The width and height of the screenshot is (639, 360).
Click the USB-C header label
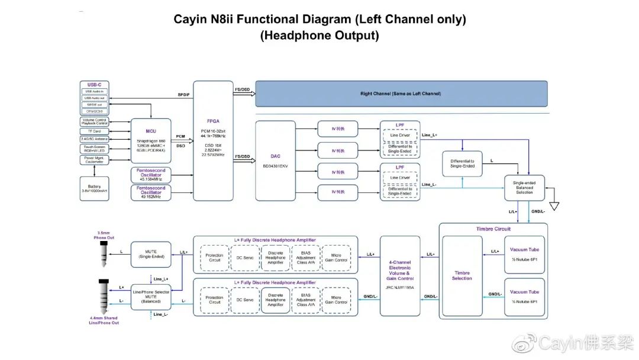tap(95, 85)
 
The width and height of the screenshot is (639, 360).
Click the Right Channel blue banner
tap(401, 94)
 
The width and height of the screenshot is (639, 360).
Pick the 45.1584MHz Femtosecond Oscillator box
tap(151, 175)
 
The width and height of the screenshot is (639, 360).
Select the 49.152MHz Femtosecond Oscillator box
tap(151, 192)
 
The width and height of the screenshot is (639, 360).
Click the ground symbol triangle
tap(554, 206)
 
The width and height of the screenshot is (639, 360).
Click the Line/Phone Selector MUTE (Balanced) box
tap(151, 295)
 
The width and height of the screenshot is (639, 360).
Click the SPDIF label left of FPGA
tap(183, 95)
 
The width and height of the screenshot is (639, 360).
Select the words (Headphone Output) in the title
tap(319, 36)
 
